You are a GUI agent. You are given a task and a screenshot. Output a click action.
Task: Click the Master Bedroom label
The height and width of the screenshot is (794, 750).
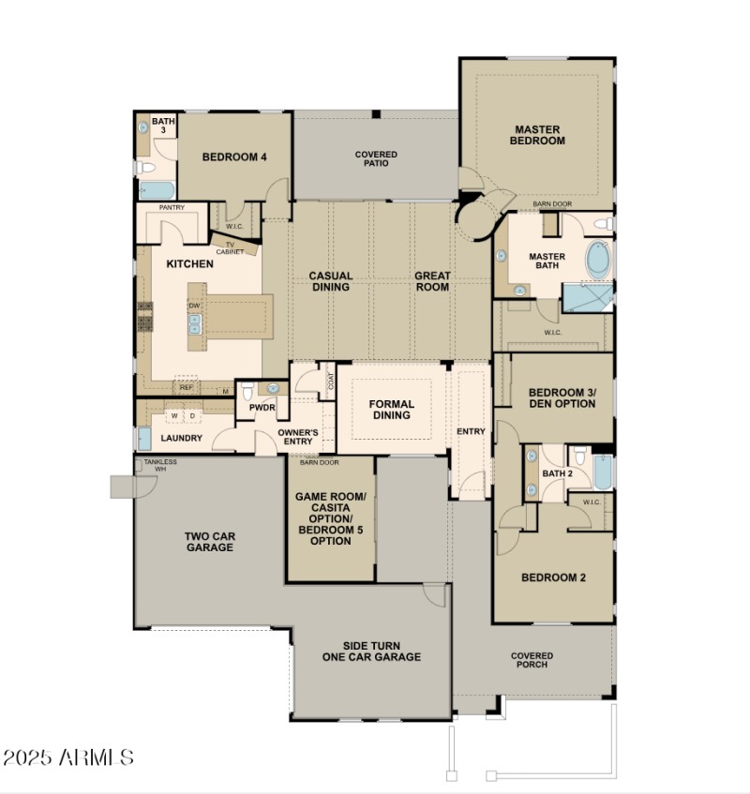point(537,135)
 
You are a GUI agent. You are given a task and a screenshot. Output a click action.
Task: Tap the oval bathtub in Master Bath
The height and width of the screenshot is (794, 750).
point(597,259)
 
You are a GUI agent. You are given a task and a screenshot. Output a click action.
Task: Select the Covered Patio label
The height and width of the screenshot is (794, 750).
point(376,159)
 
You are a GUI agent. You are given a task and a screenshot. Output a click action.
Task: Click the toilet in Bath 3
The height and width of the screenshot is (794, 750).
point(145,169)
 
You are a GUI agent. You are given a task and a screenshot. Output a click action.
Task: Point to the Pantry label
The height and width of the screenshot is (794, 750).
point(171,207)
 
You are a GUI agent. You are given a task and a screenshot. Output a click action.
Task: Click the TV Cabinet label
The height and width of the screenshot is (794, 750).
point(230,248)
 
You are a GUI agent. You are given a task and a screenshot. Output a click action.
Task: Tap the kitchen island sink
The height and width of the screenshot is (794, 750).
point(196,324)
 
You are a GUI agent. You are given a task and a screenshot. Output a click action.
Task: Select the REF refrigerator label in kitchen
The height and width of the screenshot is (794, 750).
point(187,387)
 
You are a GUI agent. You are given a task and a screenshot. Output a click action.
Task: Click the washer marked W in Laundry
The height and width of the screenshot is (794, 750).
point(174,415)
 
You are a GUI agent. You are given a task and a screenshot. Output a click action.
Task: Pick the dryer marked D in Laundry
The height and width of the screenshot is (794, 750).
point(193,415)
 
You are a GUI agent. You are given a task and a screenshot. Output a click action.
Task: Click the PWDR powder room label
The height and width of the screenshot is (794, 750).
point(262,409)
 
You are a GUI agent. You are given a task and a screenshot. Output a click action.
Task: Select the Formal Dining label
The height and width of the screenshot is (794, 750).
point(392,410)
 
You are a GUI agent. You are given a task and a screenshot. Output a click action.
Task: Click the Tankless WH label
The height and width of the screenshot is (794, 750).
point(160,465)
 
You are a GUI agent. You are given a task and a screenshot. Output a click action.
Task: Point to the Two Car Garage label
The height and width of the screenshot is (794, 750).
point(209,542)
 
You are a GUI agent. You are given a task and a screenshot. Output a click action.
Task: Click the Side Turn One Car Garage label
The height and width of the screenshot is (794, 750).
point(368,652)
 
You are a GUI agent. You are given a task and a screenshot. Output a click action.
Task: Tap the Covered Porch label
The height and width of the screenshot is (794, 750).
point(532,660)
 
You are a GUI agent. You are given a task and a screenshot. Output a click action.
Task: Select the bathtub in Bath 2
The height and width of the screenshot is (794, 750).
point(603,473)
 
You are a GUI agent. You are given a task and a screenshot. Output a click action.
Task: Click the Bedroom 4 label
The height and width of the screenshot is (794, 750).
point(235,157)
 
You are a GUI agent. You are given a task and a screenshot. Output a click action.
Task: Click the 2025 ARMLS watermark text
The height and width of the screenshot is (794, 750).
point(68,757)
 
